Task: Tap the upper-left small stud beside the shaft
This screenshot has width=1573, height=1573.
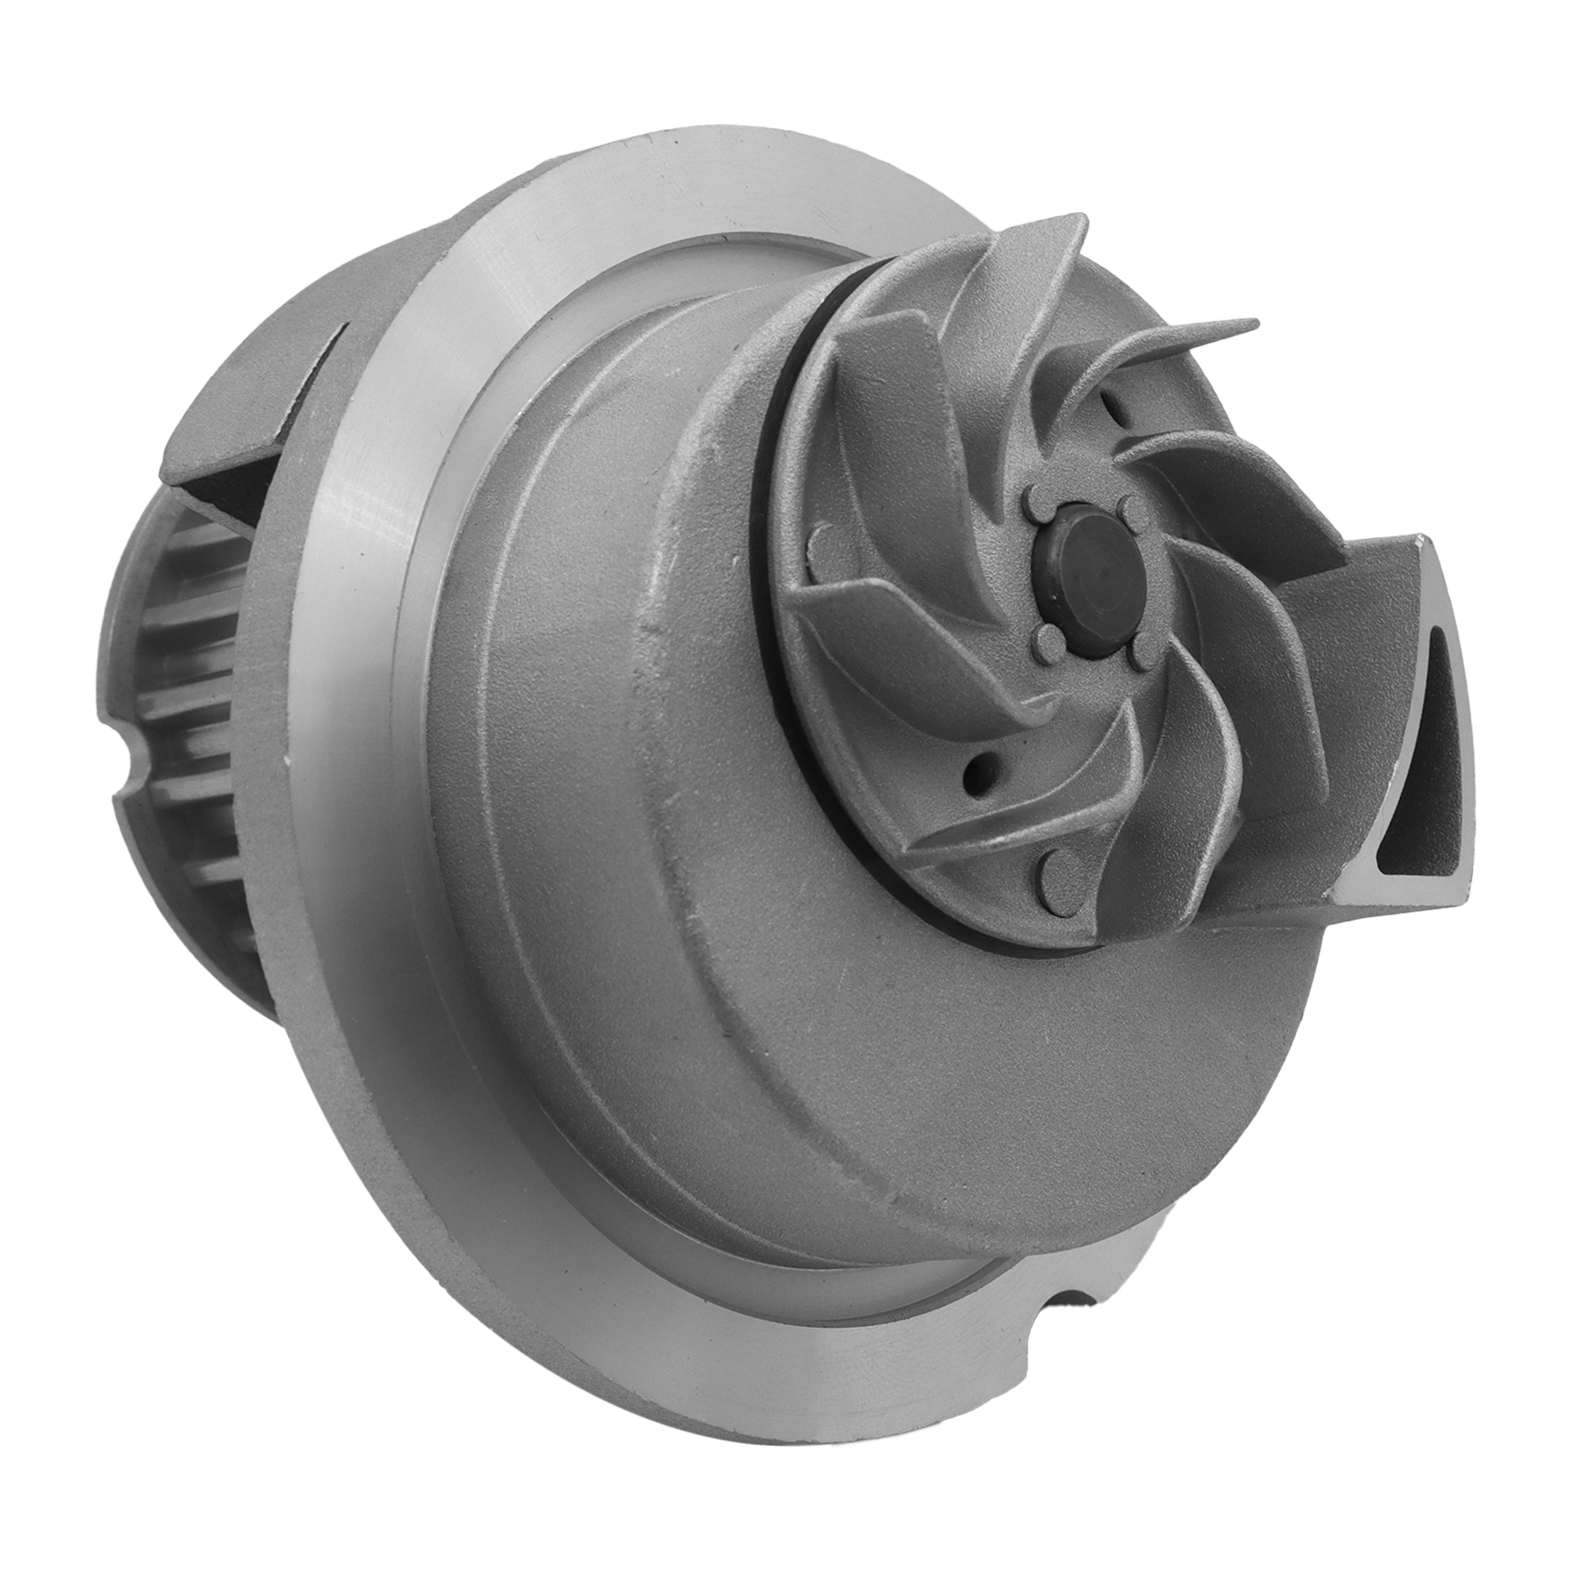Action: coord(1035,496)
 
